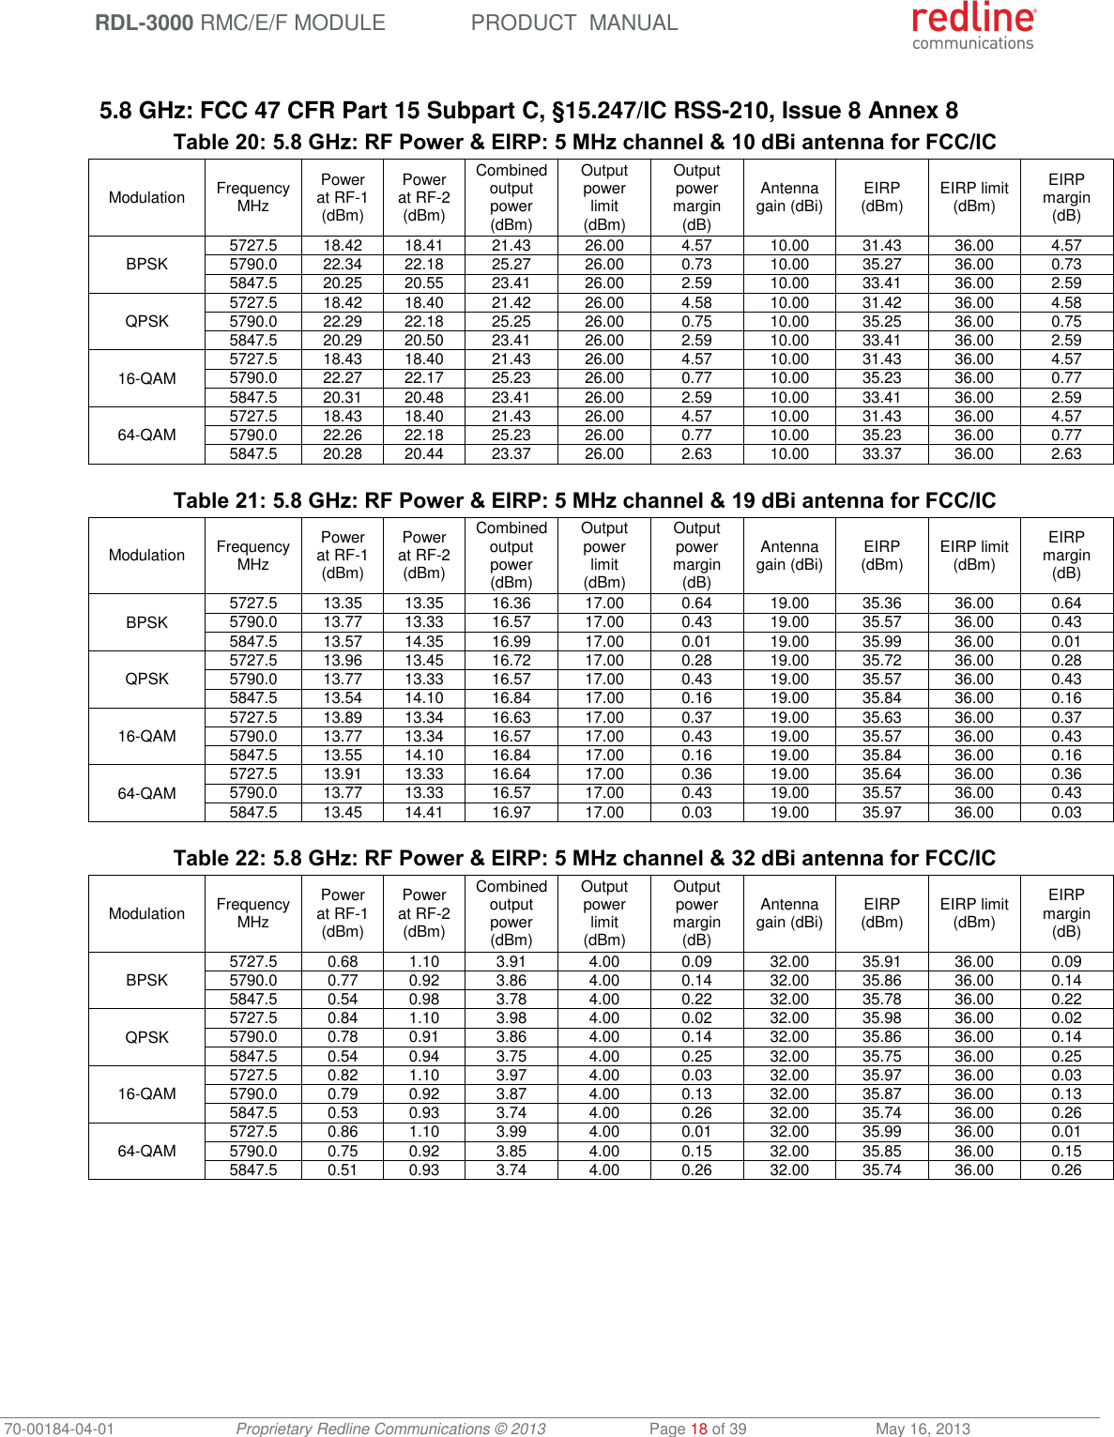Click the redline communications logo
pyautogui.click(x=973, y=25)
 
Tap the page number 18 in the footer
pyautogui.click(x=698, y=1429)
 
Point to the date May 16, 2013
pyautogui.click(x=923, y=1429)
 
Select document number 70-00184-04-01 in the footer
pyautogui.click(x=58, y=1429)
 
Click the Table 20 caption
pyautogui.click(x=584, y=143)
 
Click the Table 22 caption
pyautogui.click(x=584, y=858)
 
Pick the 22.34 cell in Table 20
pyautogui.click(x=343, y=265)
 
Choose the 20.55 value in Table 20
pyautogui.click(x=424, y=283)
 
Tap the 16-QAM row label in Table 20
pyautogui.click(x=147, y=378)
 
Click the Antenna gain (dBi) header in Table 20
pyautogui.click(x=789, y=197)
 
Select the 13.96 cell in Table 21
pyautogui.click(x=343, y=660)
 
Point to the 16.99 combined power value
pyautogui.click(x=511, y=641)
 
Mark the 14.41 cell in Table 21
pyautogui.click(x=424, y=812)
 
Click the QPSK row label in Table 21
pyautogui.click(x=147, y=679)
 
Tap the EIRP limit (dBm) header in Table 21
pyautogui.click(x=974, y=555)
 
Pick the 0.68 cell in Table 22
pyautogui.click(x=343, y=961)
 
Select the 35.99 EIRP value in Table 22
pyautogui.click(x=882, y=1132)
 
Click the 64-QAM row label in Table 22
pyautogui.click(x=147, y=1151)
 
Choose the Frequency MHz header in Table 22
pyautogui.click(x=253, y=912)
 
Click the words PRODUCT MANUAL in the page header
pyautogui.click(x=573, y=23)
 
